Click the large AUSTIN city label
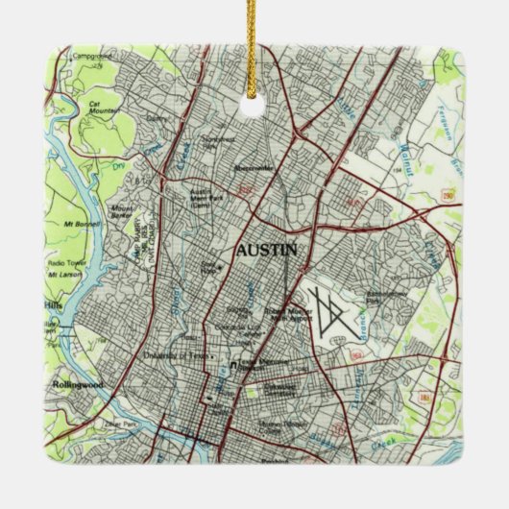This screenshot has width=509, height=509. point(266,251)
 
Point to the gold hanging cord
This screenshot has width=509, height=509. point(255,48)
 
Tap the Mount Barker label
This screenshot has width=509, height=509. point(123,212)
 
